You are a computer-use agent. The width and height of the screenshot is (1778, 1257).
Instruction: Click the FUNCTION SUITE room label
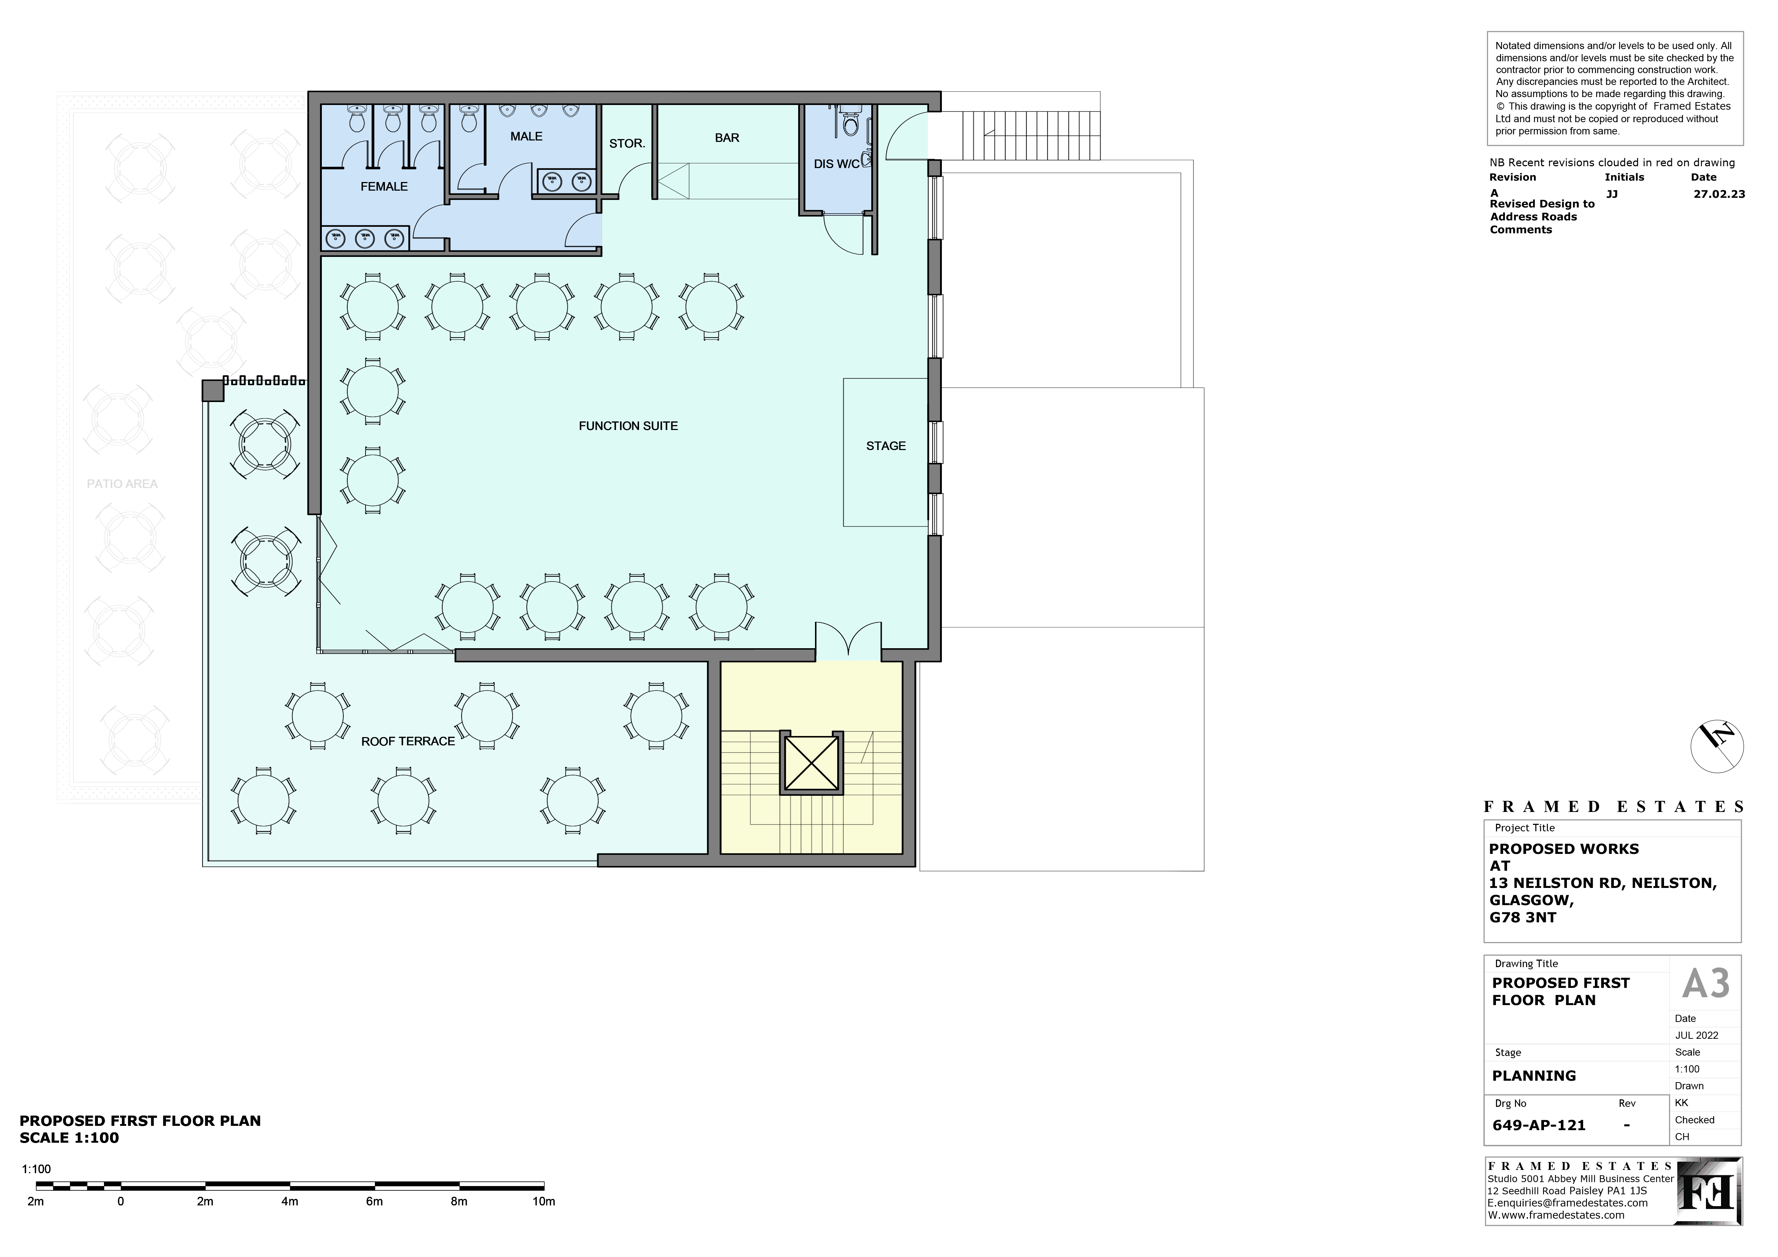[x=628, y=426]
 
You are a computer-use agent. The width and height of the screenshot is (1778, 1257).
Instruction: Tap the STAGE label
[x=886, y=446]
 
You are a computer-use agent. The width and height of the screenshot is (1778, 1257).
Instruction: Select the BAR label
[x=727, y=138]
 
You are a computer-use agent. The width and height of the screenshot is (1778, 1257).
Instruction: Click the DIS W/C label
[x=836, y=164]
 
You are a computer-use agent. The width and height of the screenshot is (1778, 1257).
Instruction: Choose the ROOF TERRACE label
[x=408, y=741]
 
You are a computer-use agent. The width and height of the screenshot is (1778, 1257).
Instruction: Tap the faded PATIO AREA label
[x=122, y=484]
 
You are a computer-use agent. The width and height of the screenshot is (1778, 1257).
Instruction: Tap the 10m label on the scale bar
[x=544, y=1201]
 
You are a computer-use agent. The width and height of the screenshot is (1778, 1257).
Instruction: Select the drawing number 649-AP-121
[x=1539, y=1125]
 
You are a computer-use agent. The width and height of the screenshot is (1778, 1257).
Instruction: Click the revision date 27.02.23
[x=1719, y=194]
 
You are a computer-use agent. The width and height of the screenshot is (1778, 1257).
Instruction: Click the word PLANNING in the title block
[x=1534, y=1076]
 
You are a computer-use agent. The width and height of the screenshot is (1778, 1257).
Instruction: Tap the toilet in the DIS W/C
[x=851, y=124]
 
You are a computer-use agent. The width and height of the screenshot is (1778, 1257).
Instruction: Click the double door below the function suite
[x=848, y=641]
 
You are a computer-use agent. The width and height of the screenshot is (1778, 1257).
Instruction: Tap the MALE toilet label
[x=526, y=136]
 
